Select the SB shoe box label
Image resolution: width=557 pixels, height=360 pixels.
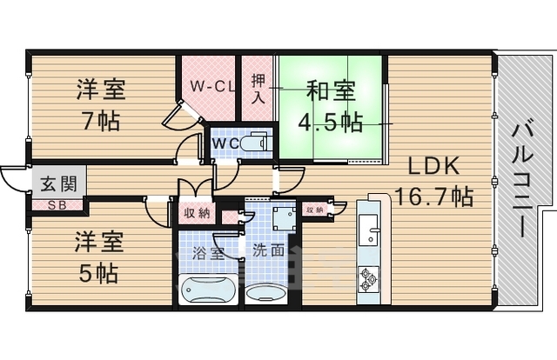[x=56, y=205]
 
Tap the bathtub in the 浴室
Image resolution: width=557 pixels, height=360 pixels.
[x=207, y=289]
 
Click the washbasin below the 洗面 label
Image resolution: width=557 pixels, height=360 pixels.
[x=265, y=292]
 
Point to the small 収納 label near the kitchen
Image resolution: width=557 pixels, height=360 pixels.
[x=314, y=209]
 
